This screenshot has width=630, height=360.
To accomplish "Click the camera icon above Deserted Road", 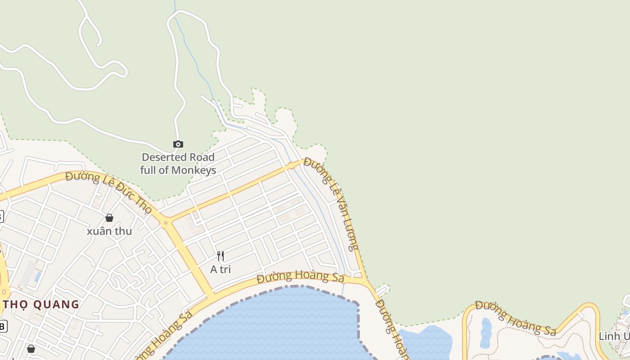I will pyautogui.click(x=178, y=144).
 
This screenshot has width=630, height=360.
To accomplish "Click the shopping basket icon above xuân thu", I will pyautogui.click(x=109, y=218).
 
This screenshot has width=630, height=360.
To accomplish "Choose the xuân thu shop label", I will pyautogui.click(x=109, y=231).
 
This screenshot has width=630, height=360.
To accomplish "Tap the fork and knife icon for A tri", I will pyautogui.click(x=220, y=256).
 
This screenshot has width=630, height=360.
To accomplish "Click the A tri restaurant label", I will pyautogui.click(x=220, y=269).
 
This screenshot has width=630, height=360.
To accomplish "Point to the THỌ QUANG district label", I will pyautogui.click(x=41, y=304).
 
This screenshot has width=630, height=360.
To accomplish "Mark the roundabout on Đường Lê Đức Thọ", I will pyautogui.click(x=166, y=222).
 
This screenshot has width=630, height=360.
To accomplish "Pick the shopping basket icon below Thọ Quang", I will pyautogui.click(x=31, y=349).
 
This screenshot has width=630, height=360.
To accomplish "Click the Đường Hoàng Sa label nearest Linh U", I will pyautogui.click(x=516, y=318).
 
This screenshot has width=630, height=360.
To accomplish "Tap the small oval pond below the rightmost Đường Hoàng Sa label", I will pyautogui.click(x=486, y=333).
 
